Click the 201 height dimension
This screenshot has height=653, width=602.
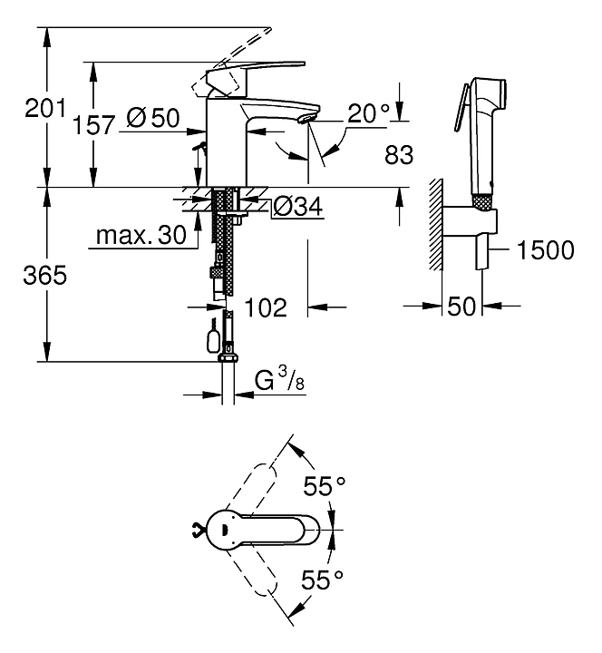click(x=45, y=110)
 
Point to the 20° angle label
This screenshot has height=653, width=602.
click(x=369, y=114)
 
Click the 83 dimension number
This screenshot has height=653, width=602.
click(x=399, y=155)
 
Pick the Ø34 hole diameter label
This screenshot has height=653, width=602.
click(x=296, y=208)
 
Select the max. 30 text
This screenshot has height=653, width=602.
click(x=141, y=237)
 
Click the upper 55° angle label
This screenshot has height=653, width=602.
click(x=325, y=487)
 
